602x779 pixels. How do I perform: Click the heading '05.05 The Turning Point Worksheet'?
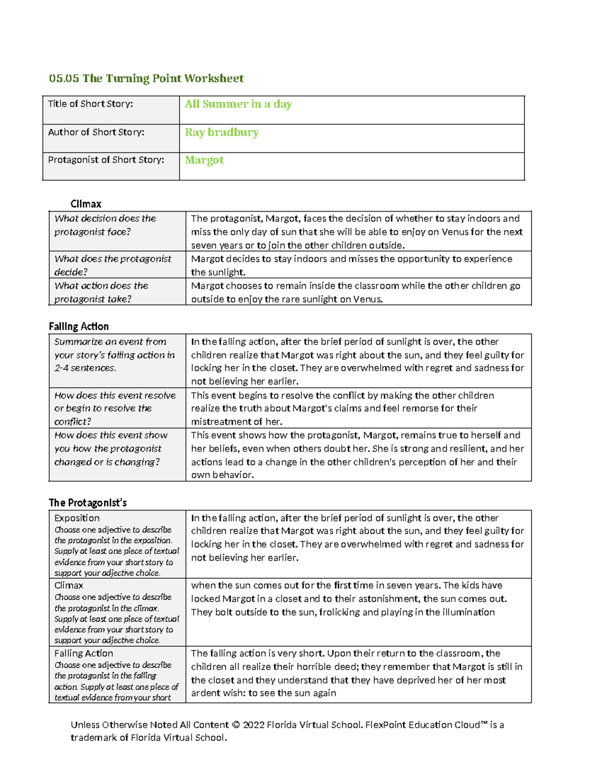[146, 78]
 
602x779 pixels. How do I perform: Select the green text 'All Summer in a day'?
[238, 104]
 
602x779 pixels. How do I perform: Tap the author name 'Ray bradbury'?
[222, 132]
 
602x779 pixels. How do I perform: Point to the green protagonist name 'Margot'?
[204, 160]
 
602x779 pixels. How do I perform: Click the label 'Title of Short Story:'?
[90, 104]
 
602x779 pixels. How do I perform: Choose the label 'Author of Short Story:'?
[96, 132]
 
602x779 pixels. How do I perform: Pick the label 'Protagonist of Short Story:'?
[106, 160]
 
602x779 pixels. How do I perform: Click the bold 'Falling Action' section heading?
[79, 327]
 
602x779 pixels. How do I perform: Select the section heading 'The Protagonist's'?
[88, 503]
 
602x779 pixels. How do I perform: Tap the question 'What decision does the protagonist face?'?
[105, 225]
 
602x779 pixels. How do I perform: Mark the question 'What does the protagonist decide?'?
[112, 265]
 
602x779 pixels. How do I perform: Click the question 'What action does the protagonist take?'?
[101, 292]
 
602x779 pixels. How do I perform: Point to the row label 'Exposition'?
[77, 518]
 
